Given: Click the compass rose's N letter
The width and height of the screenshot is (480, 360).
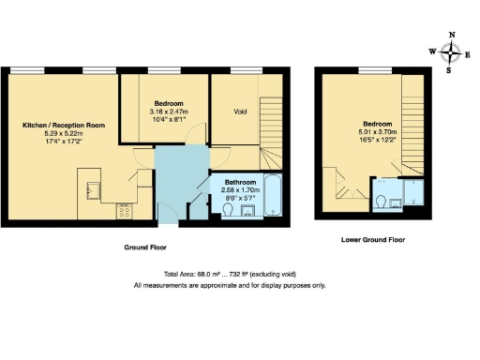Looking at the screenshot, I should [452, 35].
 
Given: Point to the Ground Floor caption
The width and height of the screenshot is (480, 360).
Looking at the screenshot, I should [144, 247].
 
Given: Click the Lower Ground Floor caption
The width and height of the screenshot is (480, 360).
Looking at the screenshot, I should [372, 241].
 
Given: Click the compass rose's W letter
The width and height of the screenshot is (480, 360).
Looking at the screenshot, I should [431, 52].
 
